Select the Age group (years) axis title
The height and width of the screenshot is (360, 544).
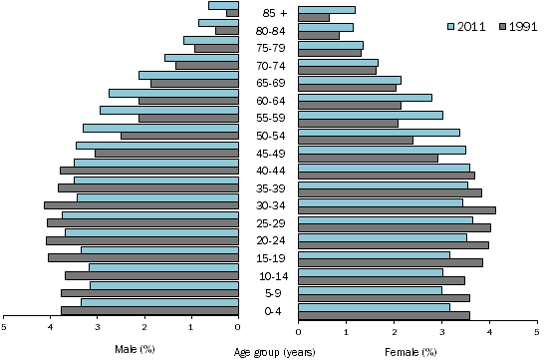click(274, 351)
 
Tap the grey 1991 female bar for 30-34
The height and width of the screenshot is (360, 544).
click(397, 210)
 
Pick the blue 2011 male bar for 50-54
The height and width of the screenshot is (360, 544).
click(160, 128)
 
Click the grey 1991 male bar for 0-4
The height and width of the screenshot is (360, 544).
click(149, 311)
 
